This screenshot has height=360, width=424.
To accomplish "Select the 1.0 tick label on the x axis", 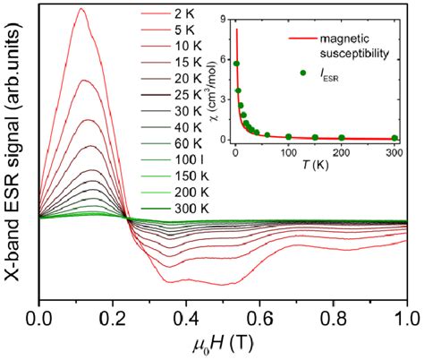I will (x=407, y=318).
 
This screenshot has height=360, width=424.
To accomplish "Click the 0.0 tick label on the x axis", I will (x=39, y=318).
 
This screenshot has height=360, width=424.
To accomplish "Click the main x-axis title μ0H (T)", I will (x=224, y=344).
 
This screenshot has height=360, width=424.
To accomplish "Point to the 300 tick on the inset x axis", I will (x=395, y=153).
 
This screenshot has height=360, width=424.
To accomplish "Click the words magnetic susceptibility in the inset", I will (x=343, y=47).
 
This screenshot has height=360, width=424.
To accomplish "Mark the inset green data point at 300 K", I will (x=395, y=138).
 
